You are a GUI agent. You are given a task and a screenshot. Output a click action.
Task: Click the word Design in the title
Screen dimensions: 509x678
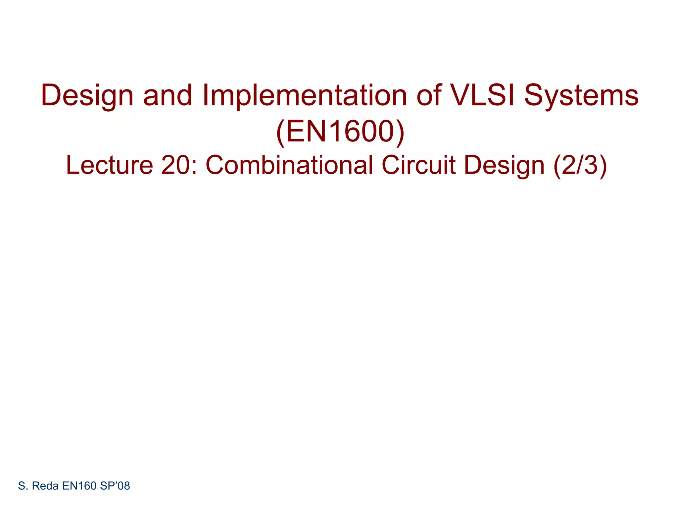pyautogui.click(x=87, y=95)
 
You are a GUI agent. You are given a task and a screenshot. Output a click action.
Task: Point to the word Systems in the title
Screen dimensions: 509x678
pyautogui.click(x=581, y=95)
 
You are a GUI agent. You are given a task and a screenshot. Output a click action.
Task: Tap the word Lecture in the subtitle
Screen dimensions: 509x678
pyautogui.click(x=109, y=165)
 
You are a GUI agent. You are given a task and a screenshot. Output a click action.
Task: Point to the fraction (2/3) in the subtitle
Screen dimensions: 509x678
pyautogui.click(x=580, y=165)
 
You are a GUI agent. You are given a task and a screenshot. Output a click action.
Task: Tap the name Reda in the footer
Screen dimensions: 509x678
pyautogui.click(x=45, y=486)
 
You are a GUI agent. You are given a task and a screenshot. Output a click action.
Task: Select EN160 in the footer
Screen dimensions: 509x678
pyautogui.click(x=79, y=486)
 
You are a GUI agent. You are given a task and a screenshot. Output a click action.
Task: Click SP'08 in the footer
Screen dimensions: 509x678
pyautogui.click(x=115, y=486)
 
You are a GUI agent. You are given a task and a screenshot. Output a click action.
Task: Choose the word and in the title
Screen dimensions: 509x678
pyautogui.click(x=168, y=95)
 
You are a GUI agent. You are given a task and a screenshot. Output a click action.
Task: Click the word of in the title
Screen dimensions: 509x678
pyautogui.click(x=429, y=95)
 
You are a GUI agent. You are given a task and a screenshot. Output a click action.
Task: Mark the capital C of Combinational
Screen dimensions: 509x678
pyautogui.click(x=215, y=165)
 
